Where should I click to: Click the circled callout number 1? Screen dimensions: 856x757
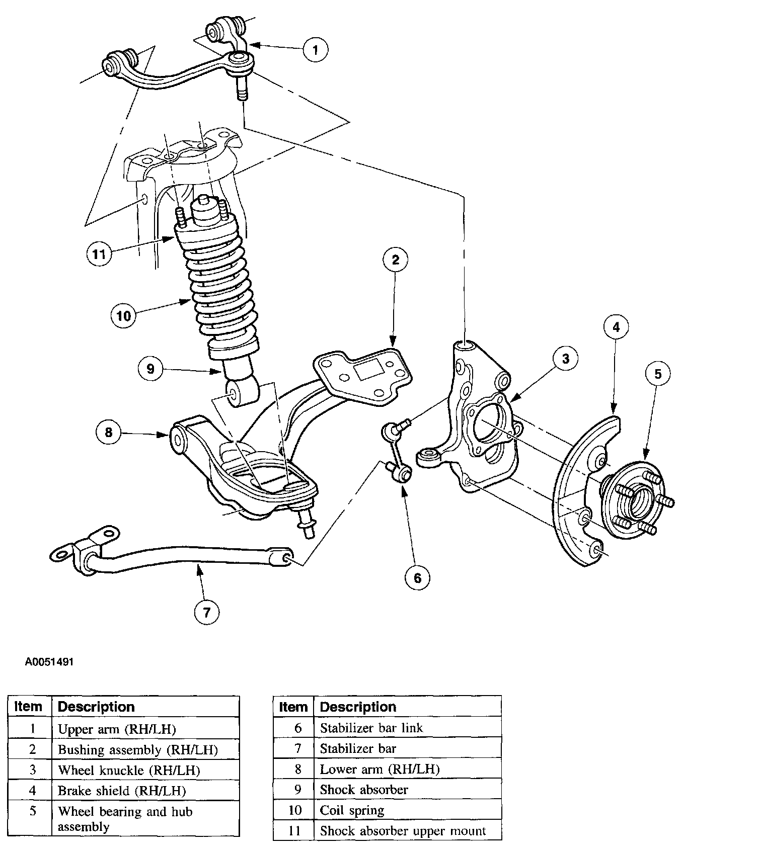pos(316,49)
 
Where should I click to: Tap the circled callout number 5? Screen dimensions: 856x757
pos(658,373)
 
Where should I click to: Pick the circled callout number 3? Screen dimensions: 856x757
pos(565,358)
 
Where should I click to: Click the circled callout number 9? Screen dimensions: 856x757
pos(150,369)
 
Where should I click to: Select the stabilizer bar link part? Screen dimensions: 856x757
pos(398,453)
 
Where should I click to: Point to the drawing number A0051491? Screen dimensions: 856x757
pos(49,662)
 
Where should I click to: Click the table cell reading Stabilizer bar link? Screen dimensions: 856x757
pos(371,728)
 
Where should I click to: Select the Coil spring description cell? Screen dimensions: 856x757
pos(352,810)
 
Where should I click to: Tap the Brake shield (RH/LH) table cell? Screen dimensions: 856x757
pos(122,791)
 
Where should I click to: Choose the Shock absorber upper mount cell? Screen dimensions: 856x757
pos(403,831)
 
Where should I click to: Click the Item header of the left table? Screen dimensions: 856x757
pos(28,707)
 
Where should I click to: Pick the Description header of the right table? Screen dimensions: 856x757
pos(358,707)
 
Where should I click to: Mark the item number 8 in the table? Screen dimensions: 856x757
pos(297,769)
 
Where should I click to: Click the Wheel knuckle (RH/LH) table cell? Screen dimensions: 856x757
pos(129,770)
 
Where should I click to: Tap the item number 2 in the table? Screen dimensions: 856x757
pos(32,749)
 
